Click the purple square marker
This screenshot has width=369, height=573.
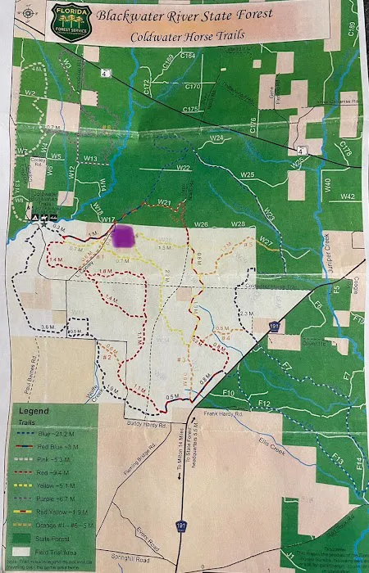point(125,237)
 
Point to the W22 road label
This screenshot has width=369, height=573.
point(183,169)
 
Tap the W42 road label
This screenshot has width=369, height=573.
point(348,196)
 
